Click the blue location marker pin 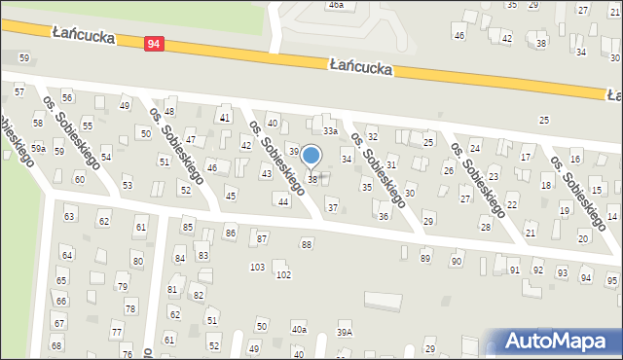pos(311,157)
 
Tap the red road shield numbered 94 pos(154,44)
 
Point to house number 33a pos(331,130)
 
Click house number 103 pos(257,267)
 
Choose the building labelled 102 pos(283,275)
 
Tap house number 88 pos(307,244)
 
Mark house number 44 pos(282,201)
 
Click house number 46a pos(336,5)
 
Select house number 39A pos(345,332)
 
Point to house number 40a pos(299,331)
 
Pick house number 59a pos(37,148)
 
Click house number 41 pos(225,118)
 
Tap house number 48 pos(169,112)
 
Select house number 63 pos(69,215)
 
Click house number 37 pos(332,207)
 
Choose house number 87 pos(261,238)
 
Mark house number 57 pos(18,90)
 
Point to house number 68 pos(56,345)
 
